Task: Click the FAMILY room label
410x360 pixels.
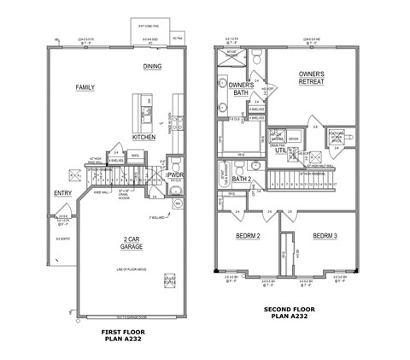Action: tap(85, 88)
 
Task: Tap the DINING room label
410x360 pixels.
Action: tap(153, 67)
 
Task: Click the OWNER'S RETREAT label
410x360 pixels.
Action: tap(316, 79)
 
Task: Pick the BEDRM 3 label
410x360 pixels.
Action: tap(325, 235)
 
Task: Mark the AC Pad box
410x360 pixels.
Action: tap(178, 38)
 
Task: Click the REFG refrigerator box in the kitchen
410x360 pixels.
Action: tap(135, 156)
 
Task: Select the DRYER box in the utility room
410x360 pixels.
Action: tap(293, 138)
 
